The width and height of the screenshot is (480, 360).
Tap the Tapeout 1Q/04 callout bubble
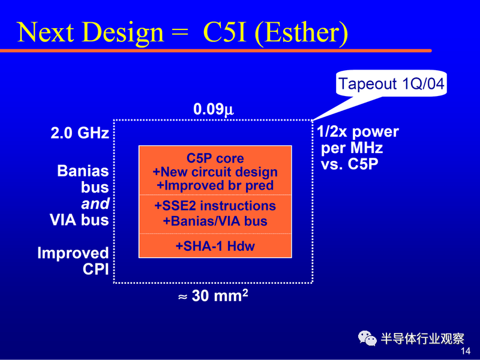pyautogui.click(x=391, y=83)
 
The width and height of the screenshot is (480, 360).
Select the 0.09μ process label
pyautogui.click(x=214, y=109)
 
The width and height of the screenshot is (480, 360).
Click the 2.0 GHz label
pyautogui.click(x=80, y=133)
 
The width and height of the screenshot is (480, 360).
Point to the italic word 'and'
pyautogui.click(x=95, y=203)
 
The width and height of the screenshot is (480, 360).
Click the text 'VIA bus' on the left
pyautogui.click(x=79, y=220)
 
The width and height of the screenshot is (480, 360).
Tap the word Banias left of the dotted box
pyautogui.click(x=83, y=171)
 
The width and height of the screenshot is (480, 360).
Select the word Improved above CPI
pyautogui.click(x=73, y=253)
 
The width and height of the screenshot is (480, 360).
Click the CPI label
pyautogui.click(x=95, y=269)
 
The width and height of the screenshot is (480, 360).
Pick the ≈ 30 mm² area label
pyautogui.click(x=213, y=296)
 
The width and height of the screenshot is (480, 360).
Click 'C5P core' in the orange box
pyautogui.click(x=215, y=158)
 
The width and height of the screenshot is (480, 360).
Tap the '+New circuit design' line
pyautogui.click(x=215, y=172)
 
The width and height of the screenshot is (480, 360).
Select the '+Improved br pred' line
pyautogui.click(x=215, y=185)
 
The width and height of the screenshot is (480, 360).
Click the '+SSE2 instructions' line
pyautogui.click(x=215, y=206)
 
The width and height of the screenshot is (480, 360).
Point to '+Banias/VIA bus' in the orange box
pyautogui.click(x=215, y=221)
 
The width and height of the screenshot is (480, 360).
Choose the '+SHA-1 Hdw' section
pyautogui.click(x=215, y=246)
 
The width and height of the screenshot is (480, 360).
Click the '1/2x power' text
pyautogui.click(x=358, y=132)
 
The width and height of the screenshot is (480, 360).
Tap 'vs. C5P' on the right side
pyautogui.click(x=350, y=164)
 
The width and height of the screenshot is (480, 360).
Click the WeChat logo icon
pyautogui.click(x=367, y=338)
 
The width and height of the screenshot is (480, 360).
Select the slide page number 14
pyautogui.click(x=466, y=351)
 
